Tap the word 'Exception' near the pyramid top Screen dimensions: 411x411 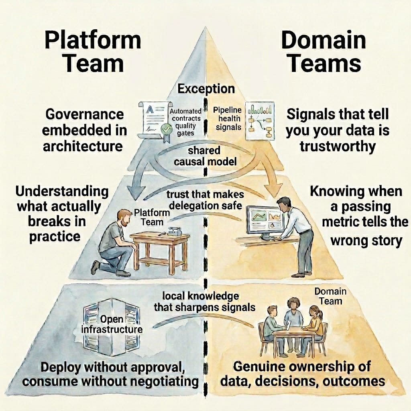[x=206, y=89]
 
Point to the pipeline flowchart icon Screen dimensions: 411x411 [x=260, y=121]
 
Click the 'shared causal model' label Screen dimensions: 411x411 [x=205, y=156]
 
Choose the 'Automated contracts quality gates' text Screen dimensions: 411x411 [x=185, y=122]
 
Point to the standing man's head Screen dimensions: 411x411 [x=284, y=205]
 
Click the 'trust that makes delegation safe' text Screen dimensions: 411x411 [x=205, y=200]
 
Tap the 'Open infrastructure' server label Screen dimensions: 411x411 [x=112, y=324]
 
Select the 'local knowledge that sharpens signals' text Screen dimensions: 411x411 [x=204, y=302]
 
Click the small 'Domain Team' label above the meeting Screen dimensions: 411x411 [x=331, y=296]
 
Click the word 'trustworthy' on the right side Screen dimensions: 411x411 [x=338, y=146]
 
